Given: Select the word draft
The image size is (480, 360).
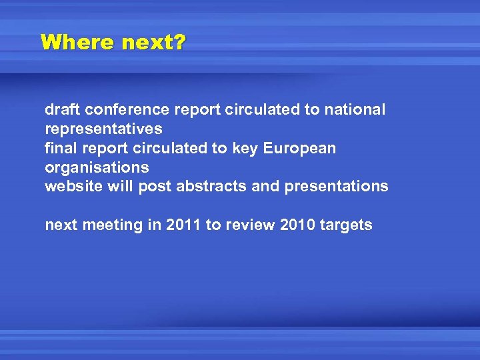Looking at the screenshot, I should (x=61, y=109).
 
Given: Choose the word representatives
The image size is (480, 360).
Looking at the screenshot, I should (x=103, y=129).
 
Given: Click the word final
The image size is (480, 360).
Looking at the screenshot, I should (x=59, y=148).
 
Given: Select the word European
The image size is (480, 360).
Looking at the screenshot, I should (x=300, y=148).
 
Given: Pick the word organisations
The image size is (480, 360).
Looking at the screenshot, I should (x=97, y=167).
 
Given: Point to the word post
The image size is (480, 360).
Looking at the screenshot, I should (x=154, y=187).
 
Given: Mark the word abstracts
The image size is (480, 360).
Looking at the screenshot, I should (x=210, y=187).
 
